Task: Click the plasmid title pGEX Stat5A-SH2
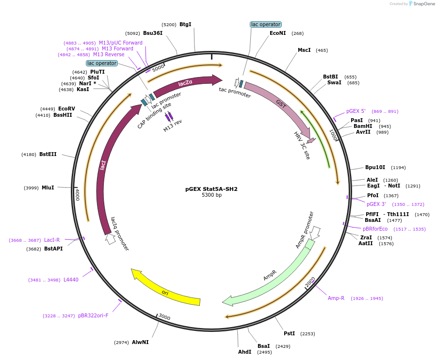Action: pyautogui.click(x=211, y=189)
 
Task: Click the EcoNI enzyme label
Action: pyautogui.click(x=278, y=33)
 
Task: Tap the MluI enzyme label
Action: pyautogui.click(x=48, y=188)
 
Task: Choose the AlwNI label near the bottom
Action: pyautogui.click(x=140, y=342)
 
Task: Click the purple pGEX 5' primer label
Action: pyautogui.click(x=356, y=111)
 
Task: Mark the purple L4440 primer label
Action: pyautogui.click(x=71, y=280)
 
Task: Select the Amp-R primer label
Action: pyautogui.click(x=336, y=298)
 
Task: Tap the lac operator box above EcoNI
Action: pyautogui.click(x=265, y=24)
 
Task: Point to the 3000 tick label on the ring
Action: pyautogui.click(x=164, y=317)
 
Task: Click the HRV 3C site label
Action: pyautogui.click(x=302, y=145)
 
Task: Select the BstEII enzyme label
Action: pyautogui.click(x=48, y=154)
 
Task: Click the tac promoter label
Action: pyautogui.click(x=235, y=92)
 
